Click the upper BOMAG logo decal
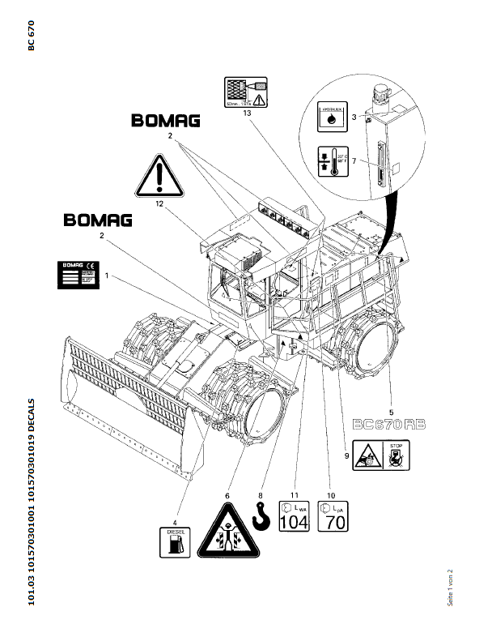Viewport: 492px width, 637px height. tap(166, 122)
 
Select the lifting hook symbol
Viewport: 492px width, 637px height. tap(261, 515)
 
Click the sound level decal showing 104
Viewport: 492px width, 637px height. tap(294, 515)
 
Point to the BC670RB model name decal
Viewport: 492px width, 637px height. tap(389, 425)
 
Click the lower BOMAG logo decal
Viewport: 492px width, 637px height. tap(98, 219)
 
